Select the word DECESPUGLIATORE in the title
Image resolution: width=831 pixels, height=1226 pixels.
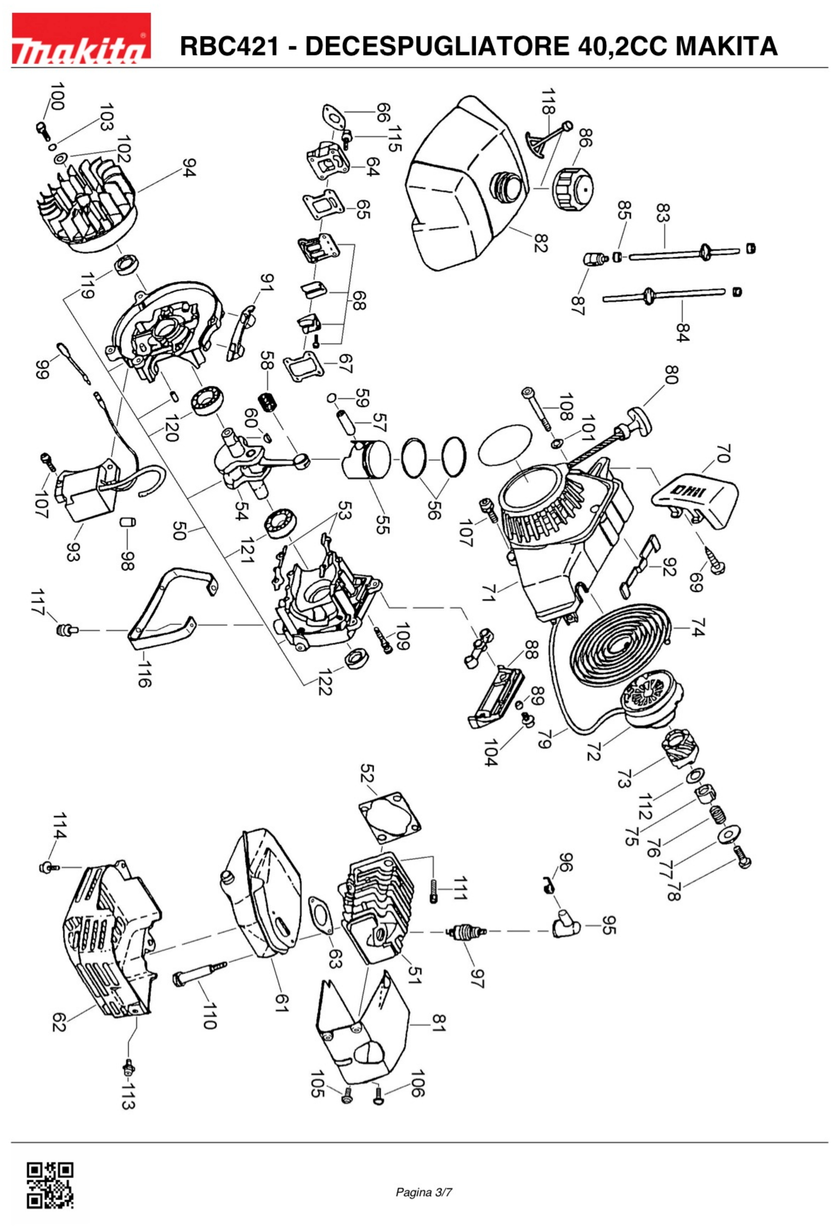[x=440, y=47]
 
